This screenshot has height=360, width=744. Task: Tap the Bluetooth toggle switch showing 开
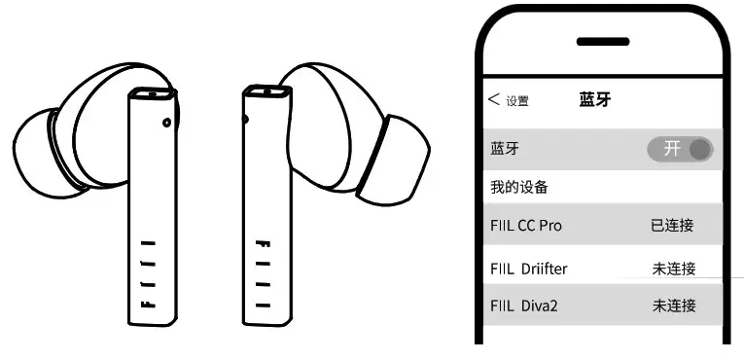[680, 149]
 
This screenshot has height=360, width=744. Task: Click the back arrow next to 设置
[494, 99]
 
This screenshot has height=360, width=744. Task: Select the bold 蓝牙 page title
[594, 99]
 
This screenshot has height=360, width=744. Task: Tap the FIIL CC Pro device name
[526, 226]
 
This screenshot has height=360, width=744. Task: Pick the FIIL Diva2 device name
[525, 306]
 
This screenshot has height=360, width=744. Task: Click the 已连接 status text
[673, 226]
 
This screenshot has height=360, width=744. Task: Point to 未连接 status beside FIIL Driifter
[673, 268]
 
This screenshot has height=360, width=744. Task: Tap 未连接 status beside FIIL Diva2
[673, 306]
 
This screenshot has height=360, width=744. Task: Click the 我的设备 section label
[518, 186]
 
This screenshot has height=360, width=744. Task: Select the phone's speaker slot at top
[603, 41]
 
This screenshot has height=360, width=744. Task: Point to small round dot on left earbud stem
[167, 123]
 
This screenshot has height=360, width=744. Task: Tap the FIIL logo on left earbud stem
[147, 274]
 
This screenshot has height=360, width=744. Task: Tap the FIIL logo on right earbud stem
[261, 274]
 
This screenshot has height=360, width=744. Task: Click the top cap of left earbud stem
[152, 95]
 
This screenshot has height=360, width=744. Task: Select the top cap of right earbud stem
[266, 93]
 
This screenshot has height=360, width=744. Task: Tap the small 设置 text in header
[517, 100]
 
